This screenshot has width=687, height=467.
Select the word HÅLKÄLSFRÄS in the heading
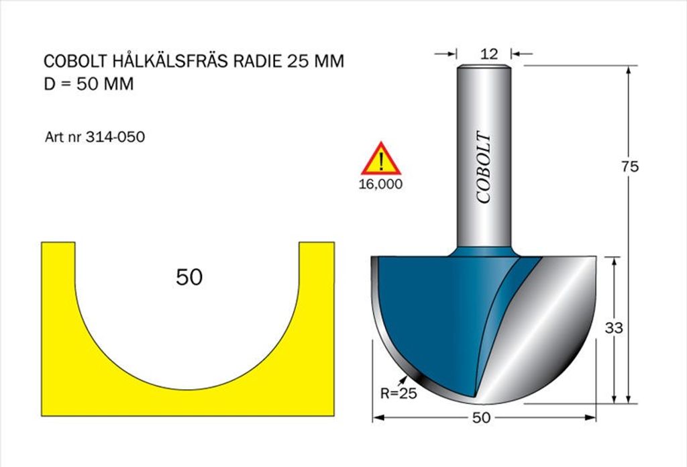[170, 60]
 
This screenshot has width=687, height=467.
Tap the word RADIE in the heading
[258, 61]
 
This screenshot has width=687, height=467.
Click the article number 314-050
[115, 137]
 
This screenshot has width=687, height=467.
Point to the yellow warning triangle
[381, 158]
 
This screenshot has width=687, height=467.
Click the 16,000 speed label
[381, 184]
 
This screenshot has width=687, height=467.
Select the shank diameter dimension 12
[489, 54]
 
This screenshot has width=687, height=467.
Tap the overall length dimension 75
[629, 166]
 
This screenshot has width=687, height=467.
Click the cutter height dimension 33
[613, 327]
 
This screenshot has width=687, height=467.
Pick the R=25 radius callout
[399, 393]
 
